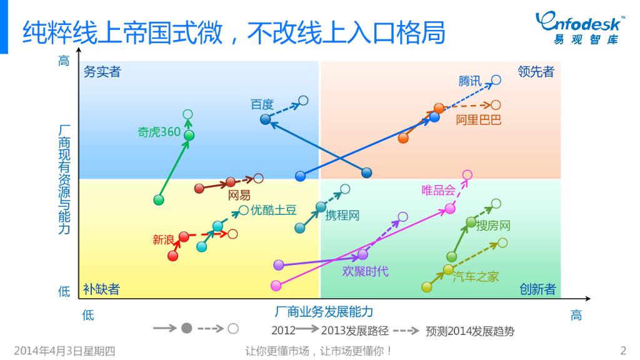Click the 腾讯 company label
(x=470, y=81)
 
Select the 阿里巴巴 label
(x=478, y=119)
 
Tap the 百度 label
(x=262, y=104)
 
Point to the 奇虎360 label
(x=159, y=132)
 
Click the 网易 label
(x=239, y=196)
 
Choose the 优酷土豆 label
(x=273, y=211)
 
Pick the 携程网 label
(x=342, y=216)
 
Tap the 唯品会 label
(x=438, y=190)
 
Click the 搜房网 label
(x=494, y=226)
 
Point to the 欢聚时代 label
(x=365, y=271)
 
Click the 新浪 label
(x=163, y=239)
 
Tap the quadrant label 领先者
(x=536, y=72)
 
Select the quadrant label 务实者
(x=102, y=72)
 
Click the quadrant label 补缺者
(x=101, y=289)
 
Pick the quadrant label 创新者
(x=537, y=289)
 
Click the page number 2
(x=622, y=350)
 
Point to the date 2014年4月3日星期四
(x=64, y=351)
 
